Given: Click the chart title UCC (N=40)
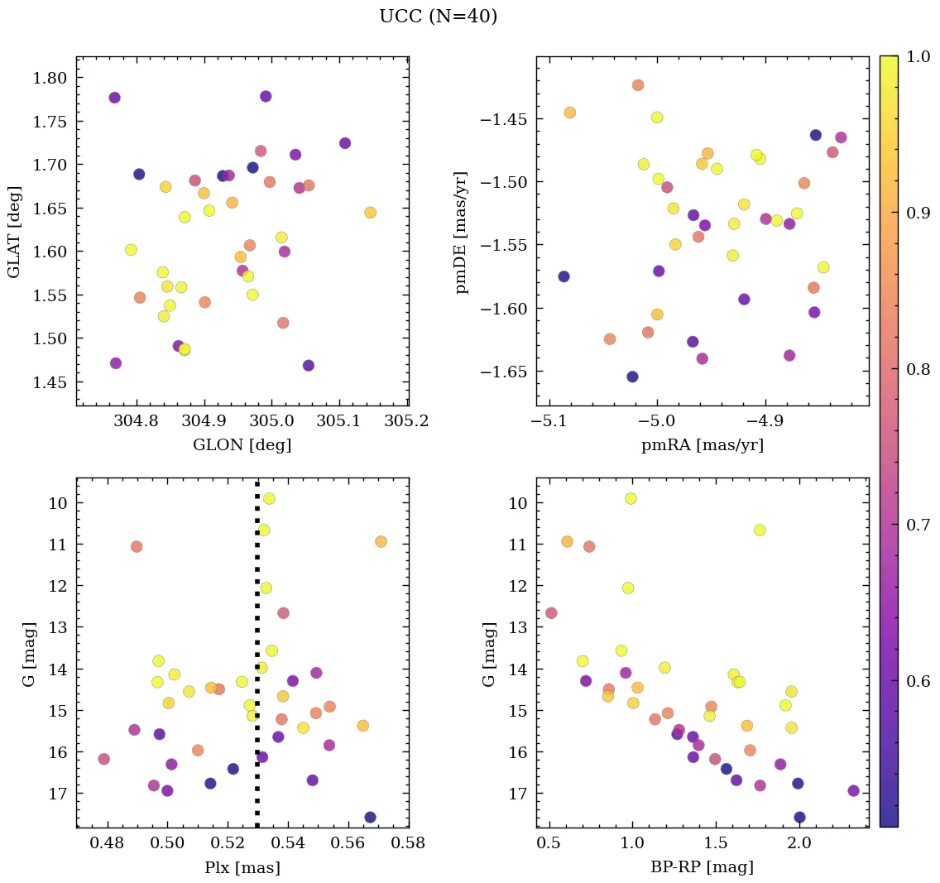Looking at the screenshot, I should pyautogui.click(x=438, y=17).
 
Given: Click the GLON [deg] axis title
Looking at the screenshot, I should pyautogui.click(x=242, y=445).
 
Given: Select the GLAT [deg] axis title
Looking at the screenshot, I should pyautogui.click(x=14, y=231).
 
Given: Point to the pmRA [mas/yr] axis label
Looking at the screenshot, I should pyautogui.click(x=702, y=445).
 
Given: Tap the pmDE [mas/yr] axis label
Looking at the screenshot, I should pyautogui.click(x=461, y=232).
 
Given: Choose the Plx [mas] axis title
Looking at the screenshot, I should pyautogui.click(x=242, y=868).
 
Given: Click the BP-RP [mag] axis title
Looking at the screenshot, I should pyautogui.click(x=702, y=868).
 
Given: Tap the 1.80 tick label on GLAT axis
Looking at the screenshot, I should pyautogui.click(x=49, y=78).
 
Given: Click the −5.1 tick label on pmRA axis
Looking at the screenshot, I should pyautogui.click(x=549, y=422).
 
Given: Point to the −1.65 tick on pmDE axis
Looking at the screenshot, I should pyautogui.click(x=502, y=372).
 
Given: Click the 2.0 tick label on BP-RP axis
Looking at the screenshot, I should pyautogui.click(x=799, y=845).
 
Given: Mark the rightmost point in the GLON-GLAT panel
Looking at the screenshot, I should pyautogui.click(x=370, y=213).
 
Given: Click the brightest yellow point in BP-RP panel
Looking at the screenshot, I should pyautogui.click(x=631, y=498).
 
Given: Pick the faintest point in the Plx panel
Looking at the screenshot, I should pyautogui.click(x=370, y=817).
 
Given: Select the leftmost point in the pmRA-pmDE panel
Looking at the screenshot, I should pyautogui.click(x=564, y=276).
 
